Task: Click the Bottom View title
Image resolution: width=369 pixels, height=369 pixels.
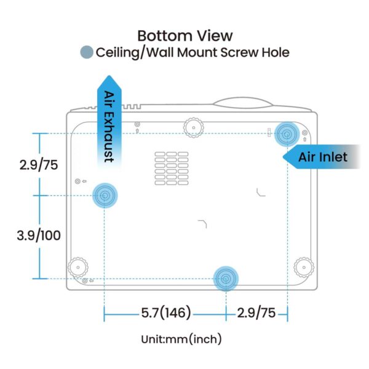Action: coord(185,36)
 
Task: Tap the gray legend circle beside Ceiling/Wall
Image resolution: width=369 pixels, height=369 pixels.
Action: coord(87,52)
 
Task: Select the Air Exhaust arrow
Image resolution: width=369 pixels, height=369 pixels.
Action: coord(109,122)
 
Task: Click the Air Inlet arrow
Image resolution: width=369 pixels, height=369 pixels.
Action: coord(322,157)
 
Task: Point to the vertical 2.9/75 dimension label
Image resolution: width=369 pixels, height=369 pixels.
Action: coord(39,164)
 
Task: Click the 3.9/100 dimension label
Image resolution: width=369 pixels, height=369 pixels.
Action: coord(39,235)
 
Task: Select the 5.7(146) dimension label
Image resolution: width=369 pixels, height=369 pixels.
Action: coord(166,313)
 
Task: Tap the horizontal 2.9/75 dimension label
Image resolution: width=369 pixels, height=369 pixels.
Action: coord(256,313)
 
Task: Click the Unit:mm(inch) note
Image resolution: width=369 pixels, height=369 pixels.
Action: coord(181,339)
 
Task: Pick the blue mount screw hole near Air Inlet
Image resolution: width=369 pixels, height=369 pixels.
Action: coord(287,134)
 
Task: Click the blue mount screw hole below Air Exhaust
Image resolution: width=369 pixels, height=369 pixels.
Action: coord(105,196)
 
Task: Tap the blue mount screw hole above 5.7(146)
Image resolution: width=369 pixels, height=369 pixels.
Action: coord(226,279)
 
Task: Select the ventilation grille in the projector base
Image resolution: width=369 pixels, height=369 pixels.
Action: coord(172,169)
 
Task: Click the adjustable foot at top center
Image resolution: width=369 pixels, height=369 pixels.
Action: coord(194,128)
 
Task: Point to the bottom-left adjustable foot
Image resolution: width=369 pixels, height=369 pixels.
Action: coord(78,268)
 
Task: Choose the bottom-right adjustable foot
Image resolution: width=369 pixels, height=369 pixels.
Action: coord(304,268)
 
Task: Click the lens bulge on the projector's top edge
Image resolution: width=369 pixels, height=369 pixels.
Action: coord(243,103)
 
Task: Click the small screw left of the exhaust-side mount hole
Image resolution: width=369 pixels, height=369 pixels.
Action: coord(77,181)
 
